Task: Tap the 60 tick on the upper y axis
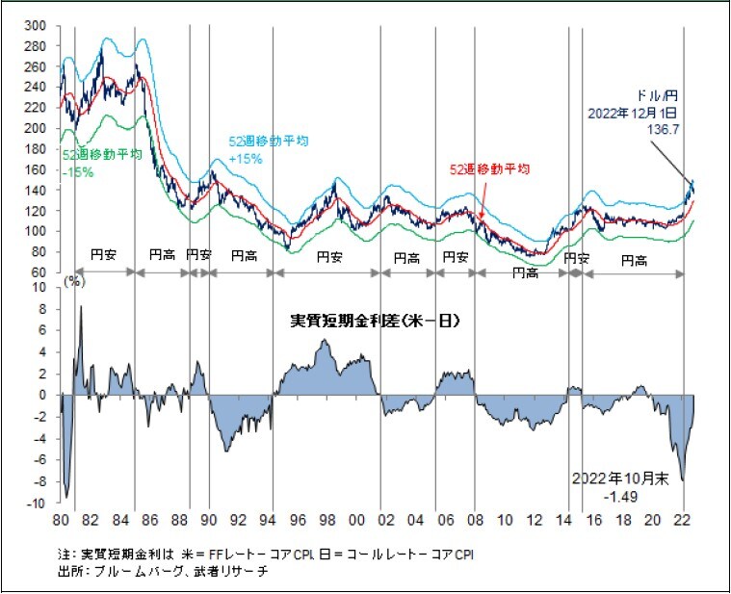click(38, 272)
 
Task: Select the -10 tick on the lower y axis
click(38, 503)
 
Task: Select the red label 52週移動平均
click(490, 168)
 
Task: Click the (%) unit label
click(73, 282)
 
